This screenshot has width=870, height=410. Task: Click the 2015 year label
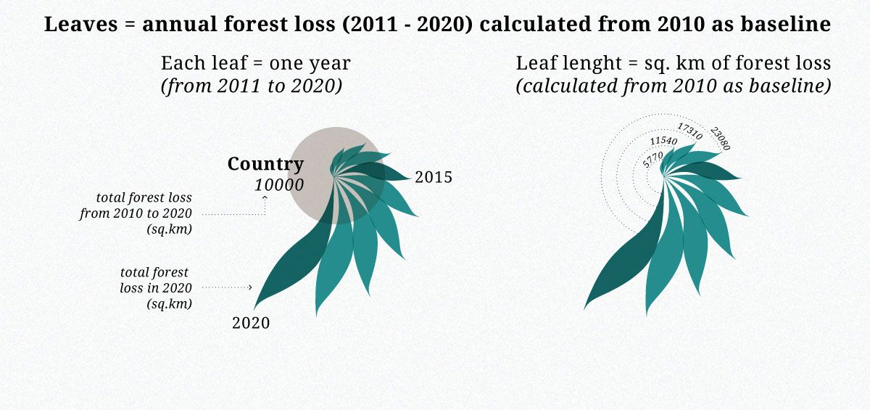point(434,177)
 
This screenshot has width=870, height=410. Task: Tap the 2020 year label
point(251,323)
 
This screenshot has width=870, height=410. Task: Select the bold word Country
point(265,164)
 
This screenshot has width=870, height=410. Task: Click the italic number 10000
point(279,185)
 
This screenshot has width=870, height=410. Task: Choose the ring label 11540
point(663,141)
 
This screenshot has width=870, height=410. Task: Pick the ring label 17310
point(689,131)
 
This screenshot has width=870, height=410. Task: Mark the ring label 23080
point(720,139)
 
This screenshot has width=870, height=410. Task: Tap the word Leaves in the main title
point(80,24)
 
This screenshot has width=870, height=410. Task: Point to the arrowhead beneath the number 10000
point(265,197)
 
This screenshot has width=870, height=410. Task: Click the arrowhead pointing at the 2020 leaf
point(250,287)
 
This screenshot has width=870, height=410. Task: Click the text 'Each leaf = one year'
point(256,63)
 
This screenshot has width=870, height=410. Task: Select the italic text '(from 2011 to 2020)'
point(252,86)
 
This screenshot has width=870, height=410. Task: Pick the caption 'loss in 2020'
point(156,288)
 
